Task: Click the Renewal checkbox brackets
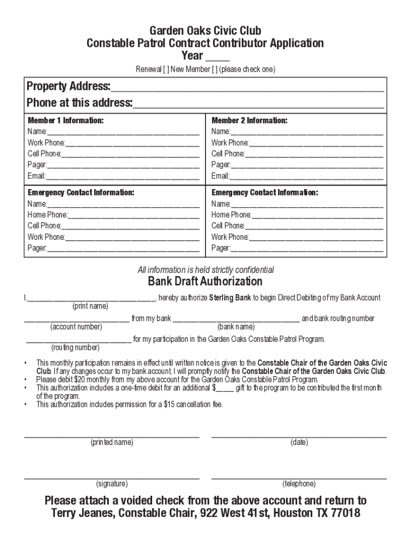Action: (166, 70)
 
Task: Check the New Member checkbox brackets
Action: (214, 70)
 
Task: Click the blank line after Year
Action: (217, 60)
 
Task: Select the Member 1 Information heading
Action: (66, 121)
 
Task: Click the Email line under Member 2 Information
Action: (306, 178)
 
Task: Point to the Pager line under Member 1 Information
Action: (123, 167)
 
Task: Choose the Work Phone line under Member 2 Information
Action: (316, 145)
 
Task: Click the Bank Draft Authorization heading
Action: (205, 282)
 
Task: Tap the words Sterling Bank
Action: (230, 298)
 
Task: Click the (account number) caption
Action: (76, 327)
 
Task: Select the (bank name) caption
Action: (236, 327)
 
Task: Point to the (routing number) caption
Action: (75, 348)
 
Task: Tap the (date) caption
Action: (299, 442)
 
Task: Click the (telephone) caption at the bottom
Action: (299, 484)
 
